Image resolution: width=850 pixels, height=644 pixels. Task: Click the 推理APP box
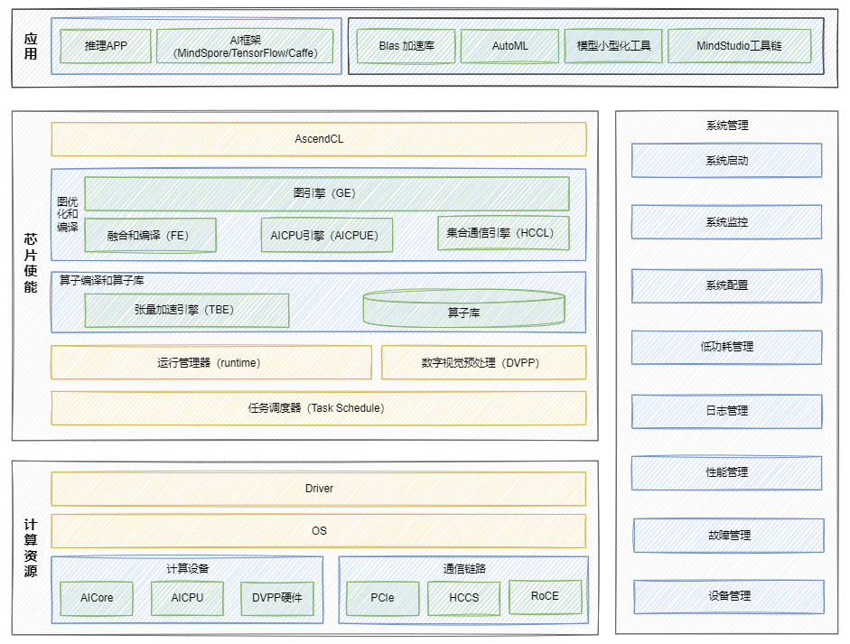(x=106, y=46)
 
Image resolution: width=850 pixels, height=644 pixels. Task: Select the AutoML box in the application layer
(x=509, y=46)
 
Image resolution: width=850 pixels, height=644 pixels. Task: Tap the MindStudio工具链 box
(x=739, y=46)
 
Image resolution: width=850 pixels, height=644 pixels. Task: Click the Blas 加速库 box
(x=406, y=46)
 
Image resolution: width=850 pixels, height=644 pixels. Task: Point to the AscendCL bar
(x=318, y=139)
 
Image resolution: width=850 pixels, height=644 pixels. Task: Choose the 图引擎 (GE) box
(x=326, y=193)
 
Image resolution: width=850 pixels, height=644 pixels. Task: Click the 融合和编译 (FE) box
(x=150, y=235)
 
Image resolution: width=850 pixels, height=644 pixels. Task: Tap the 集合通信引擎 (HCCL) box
(x=503, y=232)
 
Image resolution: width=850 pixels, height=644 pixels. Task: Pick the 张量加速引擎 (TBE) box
(x=186, y=310)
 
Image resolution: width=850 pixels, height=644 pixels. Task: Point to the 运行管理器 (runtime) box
(x=210, y=362)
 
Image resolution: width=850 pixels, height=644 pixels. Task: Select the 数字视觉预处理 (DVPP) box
(x=483, y=362)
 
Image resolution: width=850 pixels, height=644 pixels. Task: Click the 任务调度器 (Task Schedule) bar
(x=318, y=408)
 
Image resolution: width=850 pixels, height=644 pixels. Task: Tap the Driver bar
(x=318, y=489)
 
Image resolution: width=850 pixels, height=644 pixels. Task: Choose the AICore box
(x=97, y=598)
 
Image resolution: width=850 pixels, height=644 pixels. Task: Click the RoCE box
(x=545, y=596)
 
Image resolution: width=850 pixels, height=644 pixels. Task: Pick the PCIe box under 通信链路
(x=383, y=598)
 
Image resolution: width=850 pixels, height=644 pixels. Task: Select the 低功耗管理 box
(x=726, y=347)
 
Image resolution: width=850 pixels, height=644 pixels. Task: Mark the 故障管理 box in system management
(x=728, y=536)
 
